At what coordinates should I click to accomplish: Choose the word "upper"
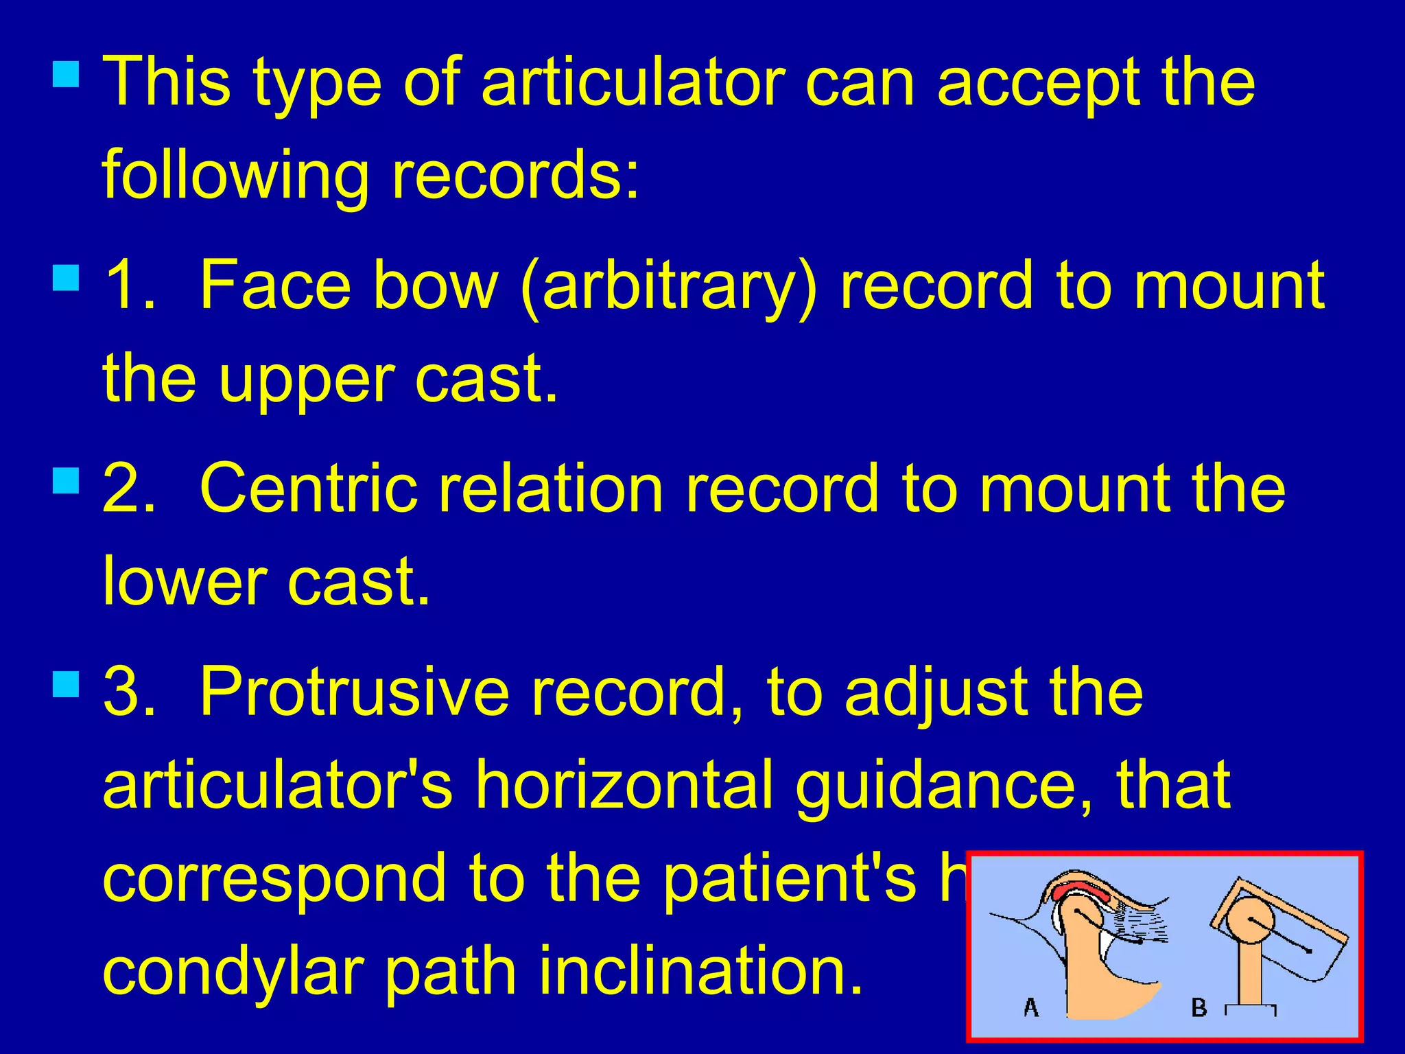(x=306, y=382)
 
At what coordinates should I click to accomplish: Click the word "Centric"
(x=309, y=488)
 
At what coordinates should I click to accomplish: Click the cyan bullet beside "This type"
(x=66, y=73)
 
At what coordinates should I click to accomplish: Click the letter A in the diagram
(x=1030, y=1007)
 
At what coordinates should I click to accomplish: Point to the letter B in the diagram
(x=1199, y=1007)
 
